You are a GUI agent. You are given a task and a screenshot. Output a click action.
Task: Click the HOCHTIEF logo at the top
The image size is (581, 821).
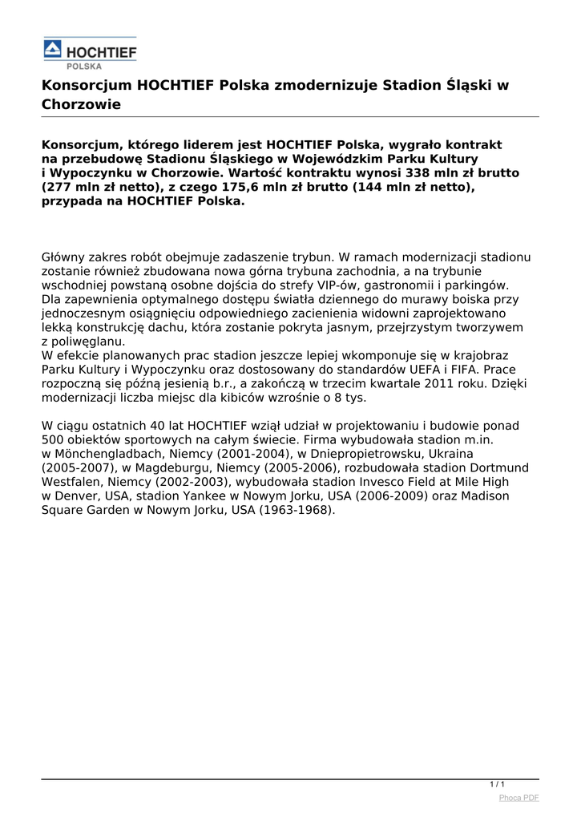click(90, 53)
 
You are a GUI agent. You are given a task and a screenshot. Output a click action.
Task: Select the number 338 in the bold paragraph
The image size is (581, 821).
click(389, 173)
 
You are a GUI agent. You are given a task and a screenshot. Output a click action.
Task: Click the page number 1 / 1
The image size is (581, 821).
click(497, 784)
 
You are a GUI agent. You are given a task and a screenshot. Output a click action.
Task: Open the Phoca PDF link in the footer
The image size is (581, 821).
click(518, 798)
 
